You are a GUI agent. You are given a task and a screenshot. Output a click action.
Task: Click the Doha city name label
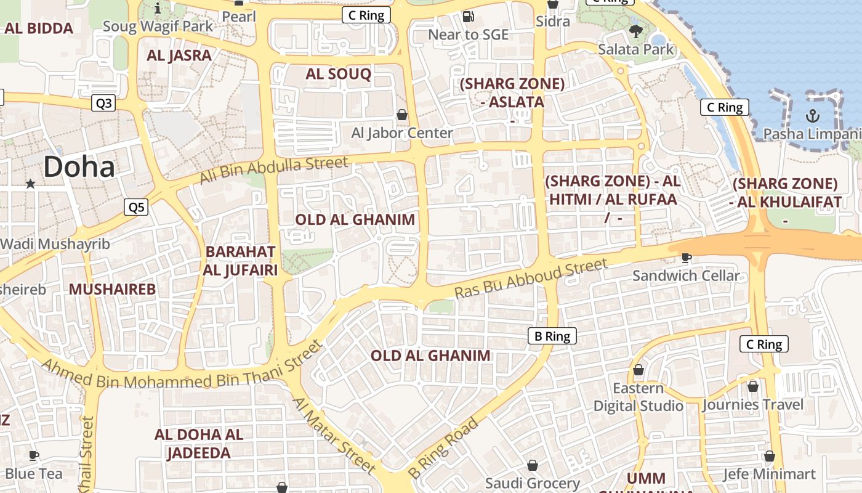pos(79,167)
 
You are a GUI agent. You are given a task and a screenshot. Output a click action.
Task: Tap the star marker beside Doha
pos(30,183)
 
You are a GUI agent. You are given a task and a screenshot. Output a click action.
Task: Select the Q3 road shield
pos(103,103)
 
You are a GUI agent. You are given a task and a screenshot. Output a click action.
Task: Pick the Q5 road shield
pos(136,207)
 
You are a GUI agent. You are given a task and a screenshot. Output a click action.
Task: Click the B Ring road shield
pos(552,336)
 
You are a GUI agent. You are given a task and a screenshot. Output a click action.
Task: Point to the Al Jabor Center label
pos(401,132)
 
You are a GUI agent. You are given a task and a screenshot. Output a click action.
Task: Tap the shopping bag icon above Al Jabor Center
pos(402,115)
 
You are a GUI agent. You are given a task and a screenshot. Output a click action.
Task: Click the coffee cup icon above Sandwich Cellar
pos(687,258)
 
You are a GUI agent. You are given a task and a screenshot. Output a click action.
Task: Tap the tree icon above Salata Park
pos(636,30)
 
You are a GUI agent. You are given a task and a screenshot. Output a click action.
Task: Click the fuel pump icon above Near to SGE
pos(469,17)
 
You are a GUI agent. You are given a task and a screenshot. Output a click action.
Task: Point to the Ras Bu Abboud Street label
pos(531,279)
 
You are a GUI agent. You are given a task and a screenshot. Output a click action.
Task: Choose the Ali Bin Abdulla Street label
pos(274,171)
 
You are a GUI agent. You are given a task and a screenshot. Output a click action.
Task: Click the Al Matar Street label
pos(333,436)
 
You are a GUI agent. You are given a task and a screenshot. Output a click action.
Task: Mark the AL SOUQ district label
pos(338,75)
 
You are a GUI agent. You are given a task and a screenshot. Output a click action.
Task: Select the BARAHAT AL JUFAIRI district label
pos(241,261)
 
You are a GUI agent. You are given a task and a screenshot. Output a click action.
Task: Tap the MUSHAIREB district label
pos(112,289)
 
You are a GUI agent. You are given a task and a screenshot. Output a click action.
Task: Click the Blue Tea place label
pos(34,473)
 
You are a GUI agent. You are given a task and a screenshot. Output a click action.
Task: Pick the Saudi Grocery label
pos(533,483)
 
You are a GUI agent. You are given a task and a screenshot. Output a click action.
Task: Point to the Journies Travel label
pos(753,405)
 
